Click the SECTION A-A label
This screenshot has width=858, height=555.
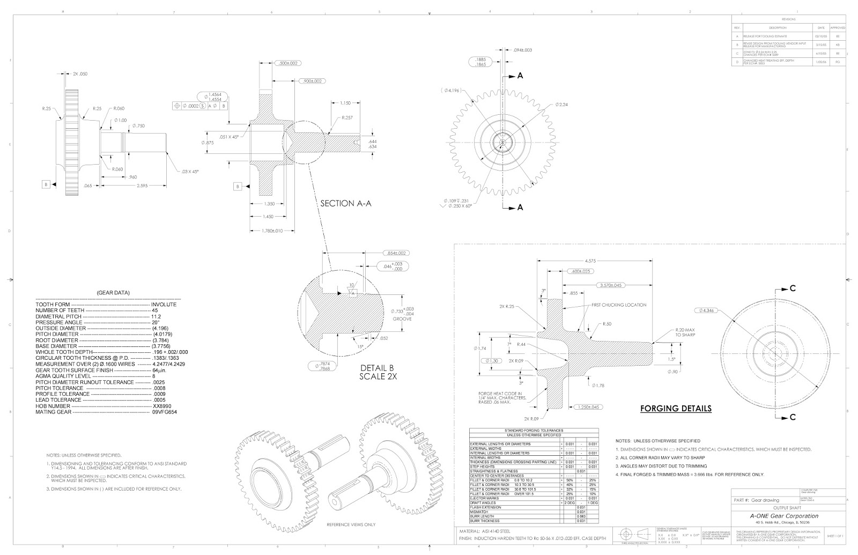point(345,204)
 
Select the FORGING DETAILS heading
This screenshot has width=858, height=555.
point(676,409)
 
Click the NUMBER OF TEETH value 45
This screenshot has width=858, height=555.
point(155,310)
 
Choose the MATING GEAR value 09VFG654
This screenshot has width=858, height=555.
point(164,412)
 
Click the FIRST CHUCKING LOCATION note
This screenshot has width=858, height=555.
point(619,305)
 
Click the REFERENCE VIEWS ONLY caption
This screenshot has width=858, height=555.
point(351,524)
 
